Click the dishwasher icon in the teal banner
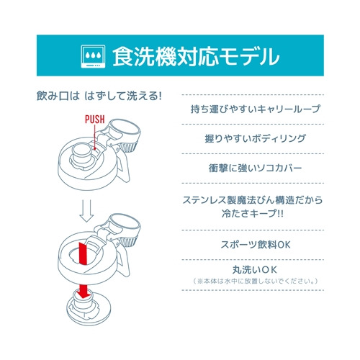[x=93, y=57]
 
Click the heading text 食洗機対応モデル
[x=196, y=57]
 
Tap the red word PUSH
[x=95, y=120]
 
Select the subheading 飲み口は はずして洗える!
[x=99, y=96]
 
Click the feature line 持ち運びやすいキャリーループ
[x=256, y=109]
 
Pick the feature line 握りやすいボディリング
[x=256, y=138]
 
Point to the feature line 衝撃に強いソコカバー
[x=255, y=168]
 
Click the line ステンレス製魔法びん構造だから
[x=253, y=200]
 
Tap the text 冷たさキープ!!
[x=253, y=213]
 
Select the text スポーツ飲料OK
[x=256, y=245]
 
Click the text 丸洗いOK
[x=255, y=270]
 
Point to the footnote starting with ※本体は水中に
[x=256, y=281]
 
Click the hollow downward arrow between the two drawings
[x=86, y=210]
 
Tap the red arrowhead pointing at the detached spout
[x=83, y=294]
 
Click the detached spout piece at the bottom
[x=89, y=307]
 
